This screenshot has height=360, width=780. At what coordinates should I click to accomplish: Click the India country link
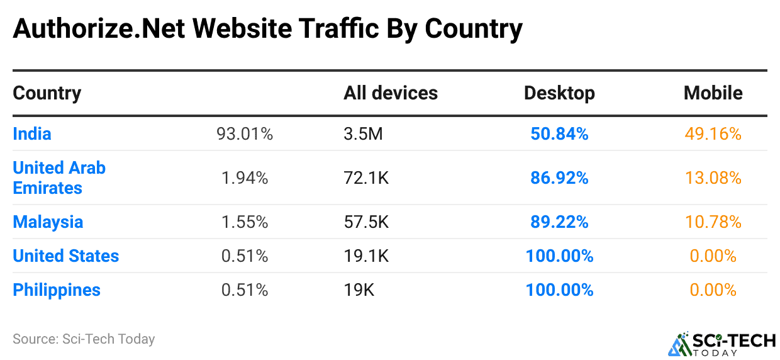point(32,133)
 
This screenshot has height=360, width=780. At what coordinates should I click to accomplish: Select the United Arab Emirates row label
point(59,177)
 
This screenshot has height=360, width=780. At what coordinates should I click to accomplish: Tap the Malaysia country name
point(48,222)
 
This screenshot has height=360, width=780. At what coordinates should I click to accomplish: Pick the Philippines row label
point(57,290)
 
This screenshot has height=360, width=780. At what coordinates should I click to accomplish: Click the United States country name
point(66,256)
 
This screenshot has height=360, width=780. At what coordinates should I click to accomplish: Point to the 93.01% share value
point(245,133)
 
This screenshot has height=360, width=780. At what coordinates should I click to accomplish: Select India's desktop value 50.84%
point(559,133)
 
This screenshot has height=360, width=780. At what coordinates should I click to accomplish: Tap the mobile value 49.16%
point(713,133)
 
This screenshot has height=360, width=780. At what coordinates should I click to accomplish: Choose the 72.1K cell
point(366,178)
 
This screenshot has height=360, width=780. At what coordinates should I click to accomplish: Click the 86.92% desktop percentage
point(559,178)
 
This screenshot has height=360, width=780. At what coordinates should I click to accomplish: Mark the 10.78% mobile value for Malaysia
point(713,222)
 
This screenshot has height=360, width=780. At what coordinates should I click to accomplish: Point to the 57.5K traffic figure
point(366,222)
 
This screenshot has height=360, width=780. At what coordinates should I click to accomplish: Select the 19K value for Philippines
point(359,290)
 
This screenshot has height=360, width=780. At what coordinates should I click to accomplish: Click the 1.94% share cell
point(245,178)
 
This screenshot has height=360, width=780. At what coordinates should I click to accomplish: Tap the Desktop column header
point(559,93)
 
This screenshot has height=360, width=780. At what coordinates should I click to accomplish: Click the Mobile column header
point(713,93)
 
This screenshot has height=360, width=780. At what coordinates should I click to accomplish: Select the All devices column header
point(391,93)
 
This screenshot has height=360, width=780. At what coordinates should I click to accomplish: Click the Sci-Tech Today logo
point(721,344)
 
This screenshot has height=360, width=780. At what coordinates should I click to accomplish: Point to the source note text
point(84,339)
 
